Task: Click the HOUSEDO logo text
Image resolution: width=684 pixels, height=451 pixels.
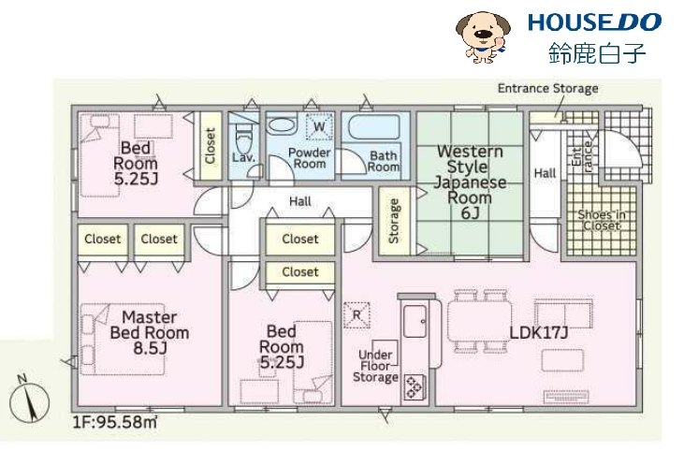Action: [x=594, y=22]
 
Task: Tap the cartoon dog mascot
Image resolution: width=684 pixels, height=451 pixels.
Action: [x=483, y=37]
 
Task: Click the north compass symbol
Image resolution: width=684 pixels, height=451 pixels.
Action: [x=29, y=400]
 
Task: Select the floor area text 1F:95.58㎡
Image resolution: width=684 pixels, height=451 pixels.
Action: [x=115, y=422]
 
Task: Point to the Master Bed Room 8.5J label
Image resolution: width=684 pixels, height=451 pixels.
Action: [x=150, y=332]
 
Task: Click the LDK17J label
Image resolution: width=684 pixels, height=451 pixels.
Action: [x=539, y=333]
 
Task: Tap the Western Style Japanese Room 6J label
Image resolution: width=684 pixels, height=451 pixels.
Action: [x=471, y=182]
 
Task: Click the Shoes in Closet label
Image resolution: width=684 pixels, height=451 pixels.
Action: [x=602, y=220]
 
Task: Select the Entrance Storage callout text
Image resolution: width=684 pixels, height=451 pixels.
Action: [x=548, y=89]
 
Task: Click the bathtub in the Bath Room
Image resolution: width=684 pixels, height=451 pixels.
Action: [x=374, y=126]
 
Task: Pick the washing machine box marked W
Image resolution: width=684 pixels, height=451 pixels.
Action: [x=319, y=126]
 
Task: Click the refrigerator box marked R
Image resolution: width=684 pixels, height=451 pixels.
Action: [x=357, y=315]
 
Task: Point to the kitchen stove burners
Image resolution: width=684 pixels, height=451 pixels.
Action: [x=414, y=386]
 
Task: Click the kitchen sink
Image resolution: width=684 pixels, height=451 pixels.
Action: [x=415, y=321]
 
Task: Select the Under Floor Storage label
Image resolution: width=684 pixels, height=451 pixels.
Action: [x=375, y=366]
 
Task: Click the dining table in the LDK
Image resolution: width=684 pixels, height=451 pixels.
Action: [x=479, y=322]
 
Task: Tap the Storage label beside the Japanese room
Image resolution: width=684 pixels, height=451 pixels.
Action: [x=394, y=221]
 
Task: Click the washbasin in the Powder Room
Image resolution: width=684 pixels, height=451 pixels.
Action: [x=282, y=125]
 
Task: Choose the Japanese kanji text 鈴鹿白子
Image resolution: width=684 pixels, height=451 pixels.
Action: [x=597, y=53]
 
